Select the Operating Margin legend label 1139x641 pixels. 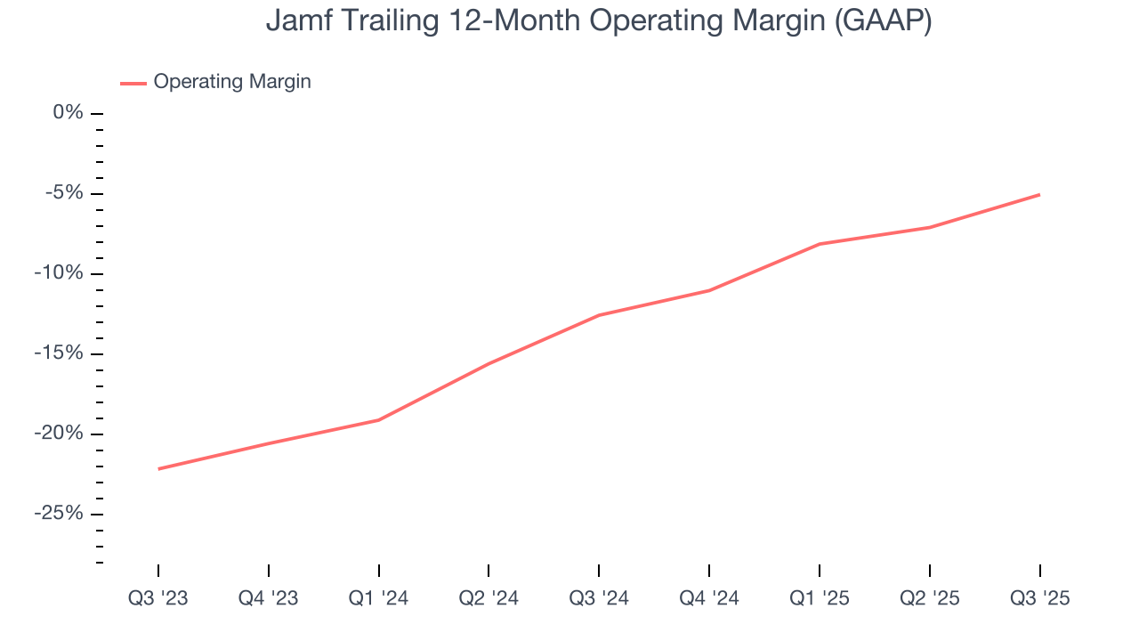pos(231,82)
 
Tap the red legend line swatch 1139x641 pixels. pos(133,83)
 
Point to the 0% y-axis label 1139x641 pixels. pos(68,113)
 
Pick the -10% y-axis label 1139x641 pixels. pos(59,273)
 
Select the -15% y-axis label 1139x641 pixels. pos(59,353)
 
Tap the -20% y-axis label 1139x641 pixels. pos(59,434)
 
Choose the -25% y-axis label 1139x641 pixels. pos(59,514)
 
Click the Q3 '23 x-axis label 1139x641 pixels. pos(158,598)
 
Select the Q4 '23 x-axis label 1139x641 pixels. pos(269,598)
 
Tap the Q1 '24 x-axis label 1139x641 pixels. pos(379,598)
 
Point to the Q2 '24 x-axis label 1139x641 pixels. pos(489,598)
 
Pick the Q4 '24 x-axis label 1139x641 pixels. pos(709,598)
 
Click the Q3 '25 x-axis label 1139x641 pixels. pos(1039,598)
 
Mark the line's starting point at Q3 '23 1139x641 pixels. pos(158,468)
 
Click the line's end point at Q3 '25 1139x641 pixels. pos(1039,194)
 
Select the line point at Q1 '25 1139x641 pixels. pos(819,244)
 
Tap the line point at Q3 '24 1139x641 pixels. pos(599,315)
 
